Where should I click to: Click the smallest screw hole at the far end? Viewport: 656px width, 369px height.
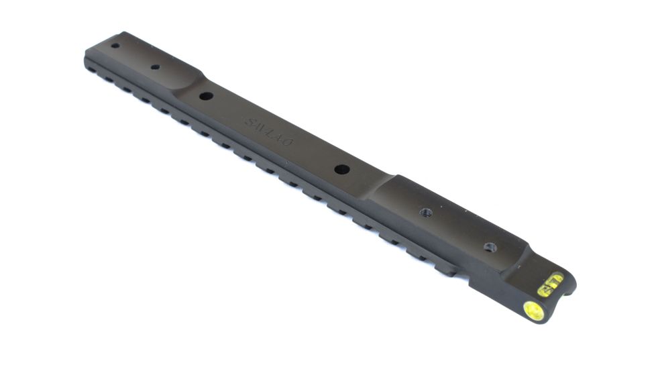(x=115, y=46)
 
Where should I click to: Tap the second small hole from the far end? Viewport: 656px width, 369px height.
(x=155, y=67)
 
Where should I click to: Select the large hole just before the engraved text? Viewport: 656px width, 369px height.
(x=206, y=96)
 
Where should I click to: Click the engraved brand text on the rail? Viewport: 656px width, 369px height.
(x=272, y=131)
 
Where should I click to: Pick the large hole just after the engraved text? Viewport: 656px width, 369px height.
(x=341, y=169)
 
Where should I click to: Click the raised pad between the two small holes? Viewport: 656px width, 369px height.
(x=134, y=56)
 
